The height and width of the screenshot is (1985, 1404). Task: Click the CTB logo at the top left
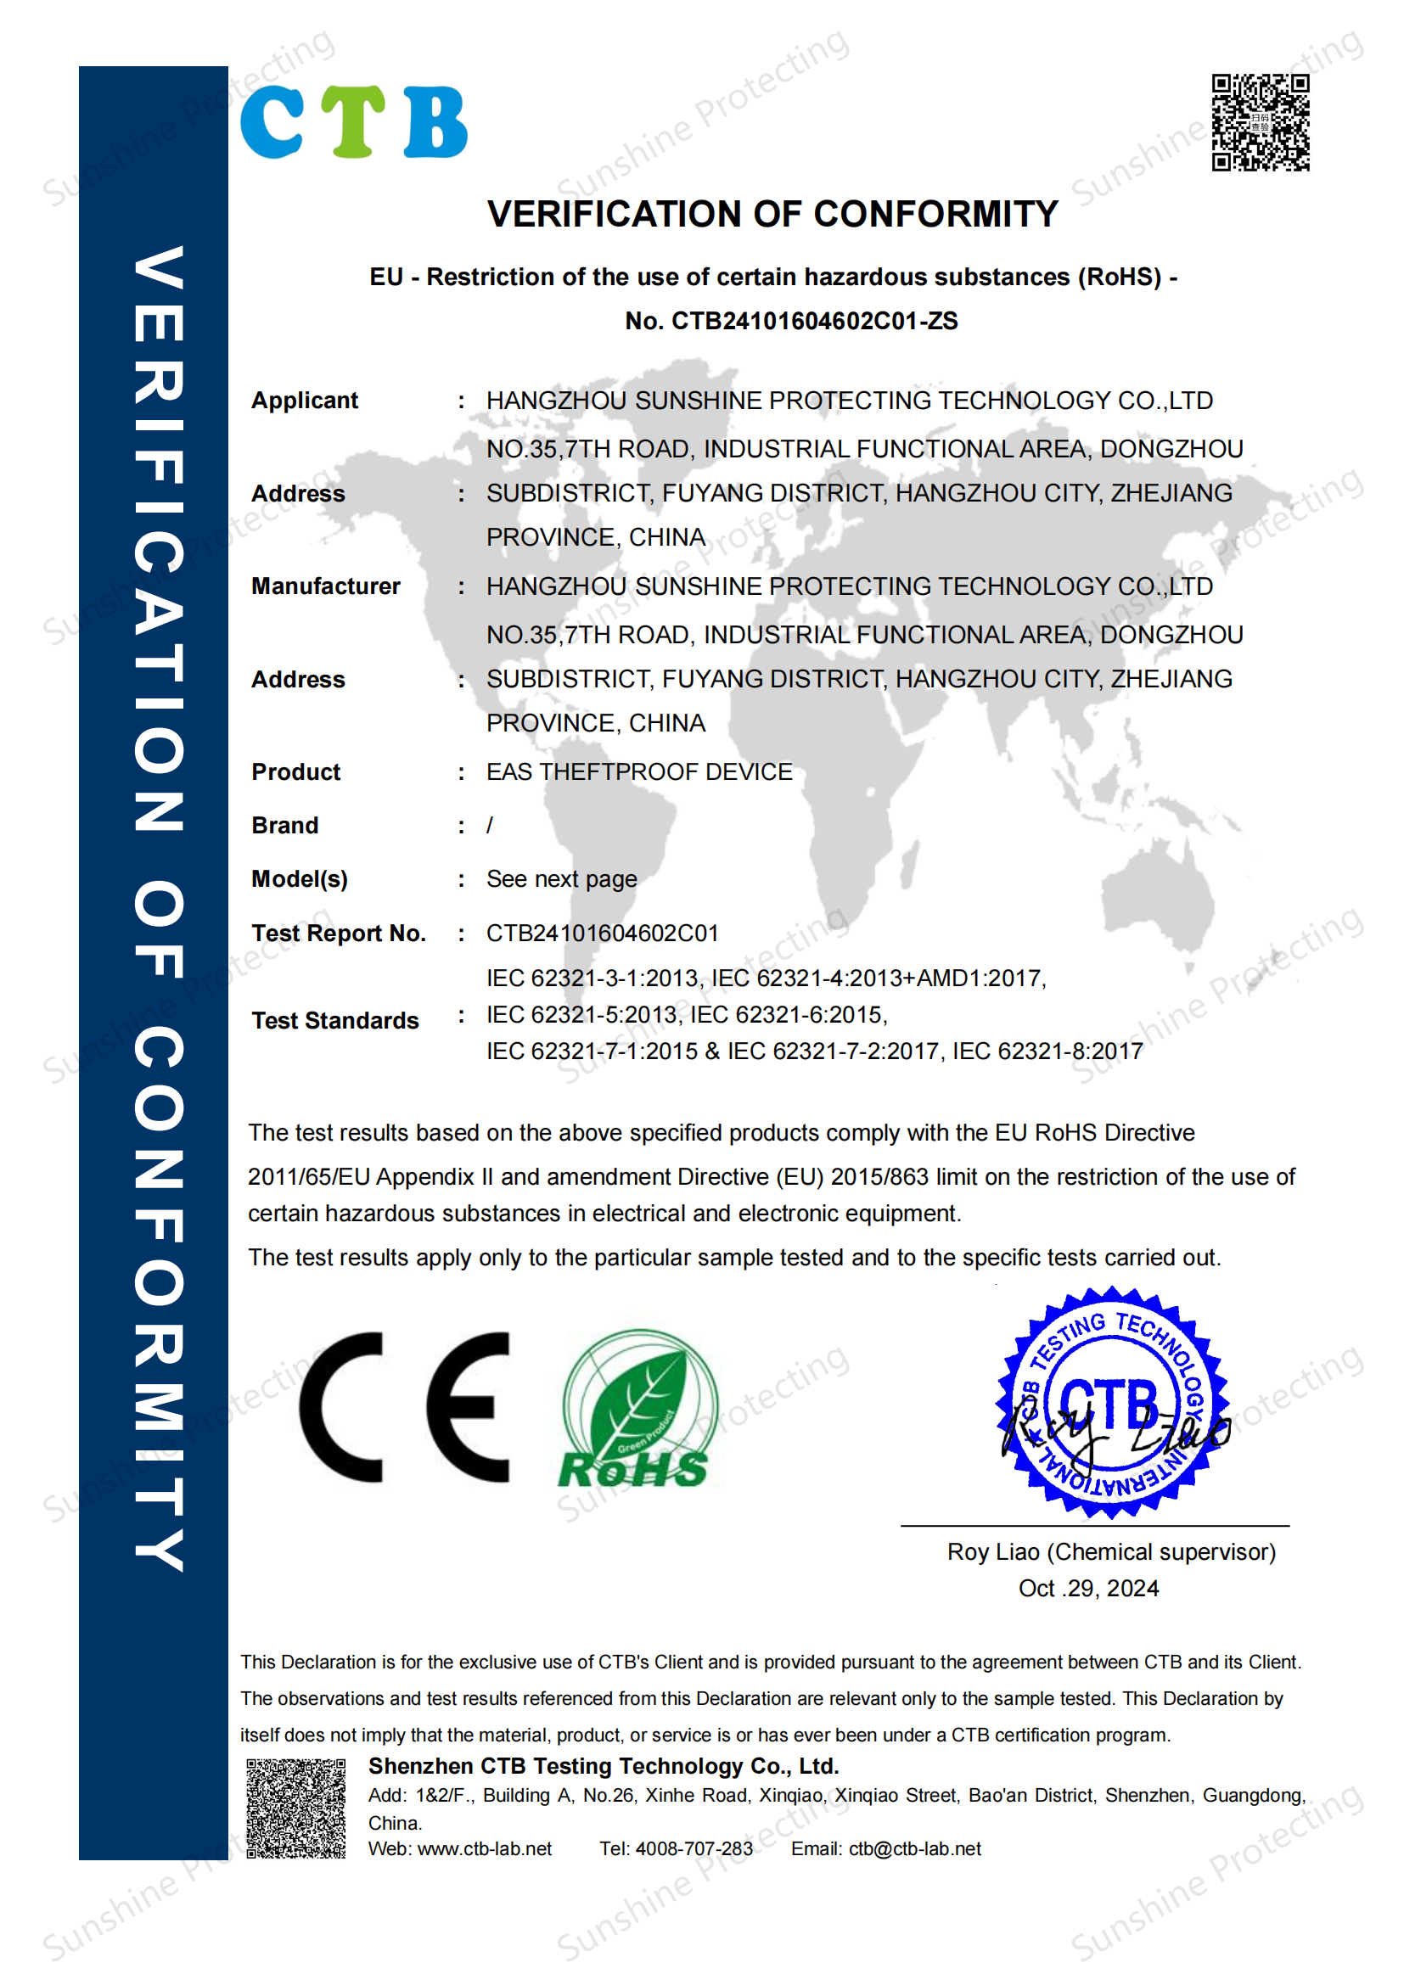click(x=353, y=122)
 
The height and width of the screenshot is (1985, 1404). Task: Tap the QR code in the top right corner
click(x=1260, y=122)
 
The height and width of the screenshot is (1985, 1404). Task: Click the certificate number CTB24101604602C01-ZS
click(x=814, y=322)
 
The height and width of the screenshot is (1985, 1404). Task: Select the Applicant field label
click(x=305, y=401)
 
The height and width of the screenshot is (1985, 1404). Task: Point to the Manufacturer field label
click(x=325, y=586)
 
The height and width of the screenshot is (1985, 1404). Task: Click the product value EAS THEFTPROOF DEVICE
click(x=639, y=771)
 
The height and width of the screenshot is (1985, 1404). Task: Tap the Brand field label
click(x=284, y=826)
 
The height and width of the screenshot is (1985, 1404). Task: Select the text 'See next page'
click(x=561, y=879)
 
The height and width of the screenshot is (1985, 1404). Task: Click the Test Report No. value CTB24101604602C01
click(x=602, y=933)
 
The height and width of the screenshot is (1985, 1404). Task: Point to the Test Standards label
click(x=334, y=1020)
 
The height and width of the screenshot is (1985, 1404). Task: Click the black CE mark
click(x=405, y=1407)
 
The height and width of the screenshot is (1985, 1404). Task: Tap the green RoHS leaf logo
click(x=637, y=1410)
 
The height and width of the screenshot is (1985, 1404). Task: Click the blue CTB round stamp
click(x=1112, y=1402)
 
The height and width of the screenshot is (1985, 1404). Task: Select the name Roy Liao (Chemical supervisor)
click(x=1111, y=1552)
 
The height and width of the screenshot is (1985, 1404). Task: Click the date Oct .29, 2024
click(x=1088, y=1588)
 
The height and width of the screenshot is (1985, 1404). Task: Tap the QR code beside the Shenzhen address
click(x=295, y=1808)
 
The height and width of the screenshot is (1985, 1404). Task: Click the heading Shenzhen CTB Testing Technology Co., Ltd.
click(x=604, y=1766)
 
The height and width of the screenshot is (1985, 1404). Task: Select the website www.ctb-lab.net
click(x=484, y=1848)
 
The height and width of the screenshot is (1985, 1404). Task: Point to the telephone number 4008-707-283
click(x=694, y=1848)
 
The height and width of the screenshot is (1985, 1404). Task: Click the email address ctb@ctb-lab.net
click(x=915, y=1848)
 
